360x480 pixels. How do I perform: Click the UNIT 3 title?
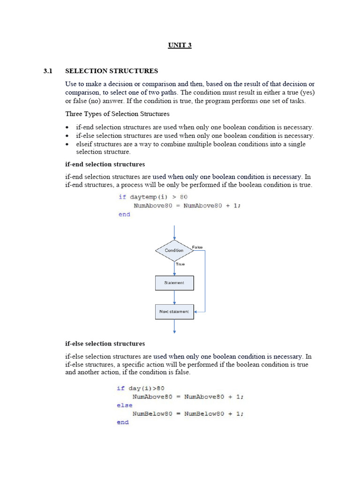(x=180, y=45)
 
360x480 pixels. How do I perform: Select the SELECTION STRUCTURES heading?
(x=112, y=71)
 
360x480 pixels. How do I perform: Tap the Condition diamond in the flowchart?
(x=174, y=250)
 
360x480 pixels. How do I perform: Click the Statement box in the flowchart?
(x=174, y=283)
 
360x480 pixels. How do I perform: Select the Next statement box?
(x=174, y=312)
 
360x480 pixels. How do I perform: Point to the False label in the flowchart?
(x=197, y=247)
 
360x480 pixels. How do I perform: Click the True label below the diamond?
(x=180, y=264)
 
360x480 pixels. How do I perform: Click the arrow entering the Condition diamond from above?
(x=174, y=232)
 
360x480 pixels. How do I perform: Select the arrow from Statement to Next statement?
(x=174, y=297)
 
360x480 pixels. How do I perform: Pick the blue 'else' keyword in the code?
(x=125, y=405)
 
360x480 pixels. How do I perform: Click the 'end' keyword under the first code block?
(x=124, y=214)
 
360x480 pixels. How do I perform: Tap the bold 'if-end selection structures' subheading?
(x=105, y=165)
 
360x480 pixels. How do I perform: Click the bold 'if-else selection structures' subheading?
(x=105, y=344)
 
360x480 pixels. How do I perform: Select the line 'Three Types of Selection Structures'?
(x=117, y=114)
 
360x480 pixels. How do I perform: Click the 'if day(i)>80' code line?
(x=141, y=388)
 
